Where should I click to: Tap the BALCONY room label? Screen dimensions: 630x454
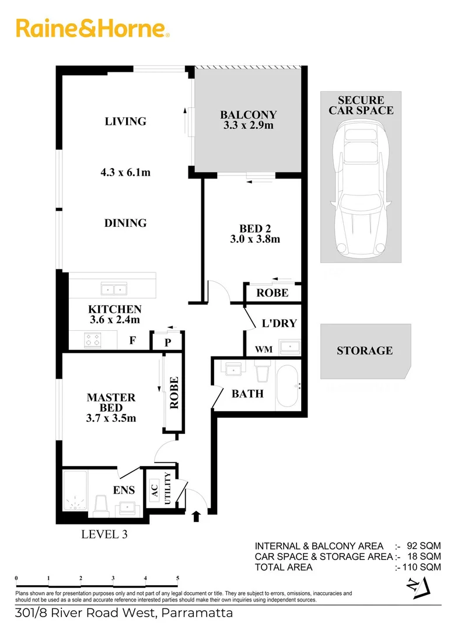[248, 115]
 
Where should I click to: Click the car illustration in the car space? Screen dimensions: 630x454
[361, 187]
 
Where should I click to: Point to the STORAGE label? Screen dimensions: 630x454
[364, 351]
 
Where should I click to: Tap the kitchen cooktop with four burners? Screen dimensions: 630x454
[92, 339]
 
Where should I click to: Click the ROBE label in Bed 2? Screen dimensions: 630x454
[272, 293]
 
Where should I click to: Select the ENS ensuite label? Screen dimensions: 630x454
[124, 490]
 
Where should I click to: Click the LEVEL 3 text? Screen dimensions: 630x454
[104, 533]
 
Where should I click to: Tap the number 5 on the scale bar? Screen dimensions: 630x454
[177, 579]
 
